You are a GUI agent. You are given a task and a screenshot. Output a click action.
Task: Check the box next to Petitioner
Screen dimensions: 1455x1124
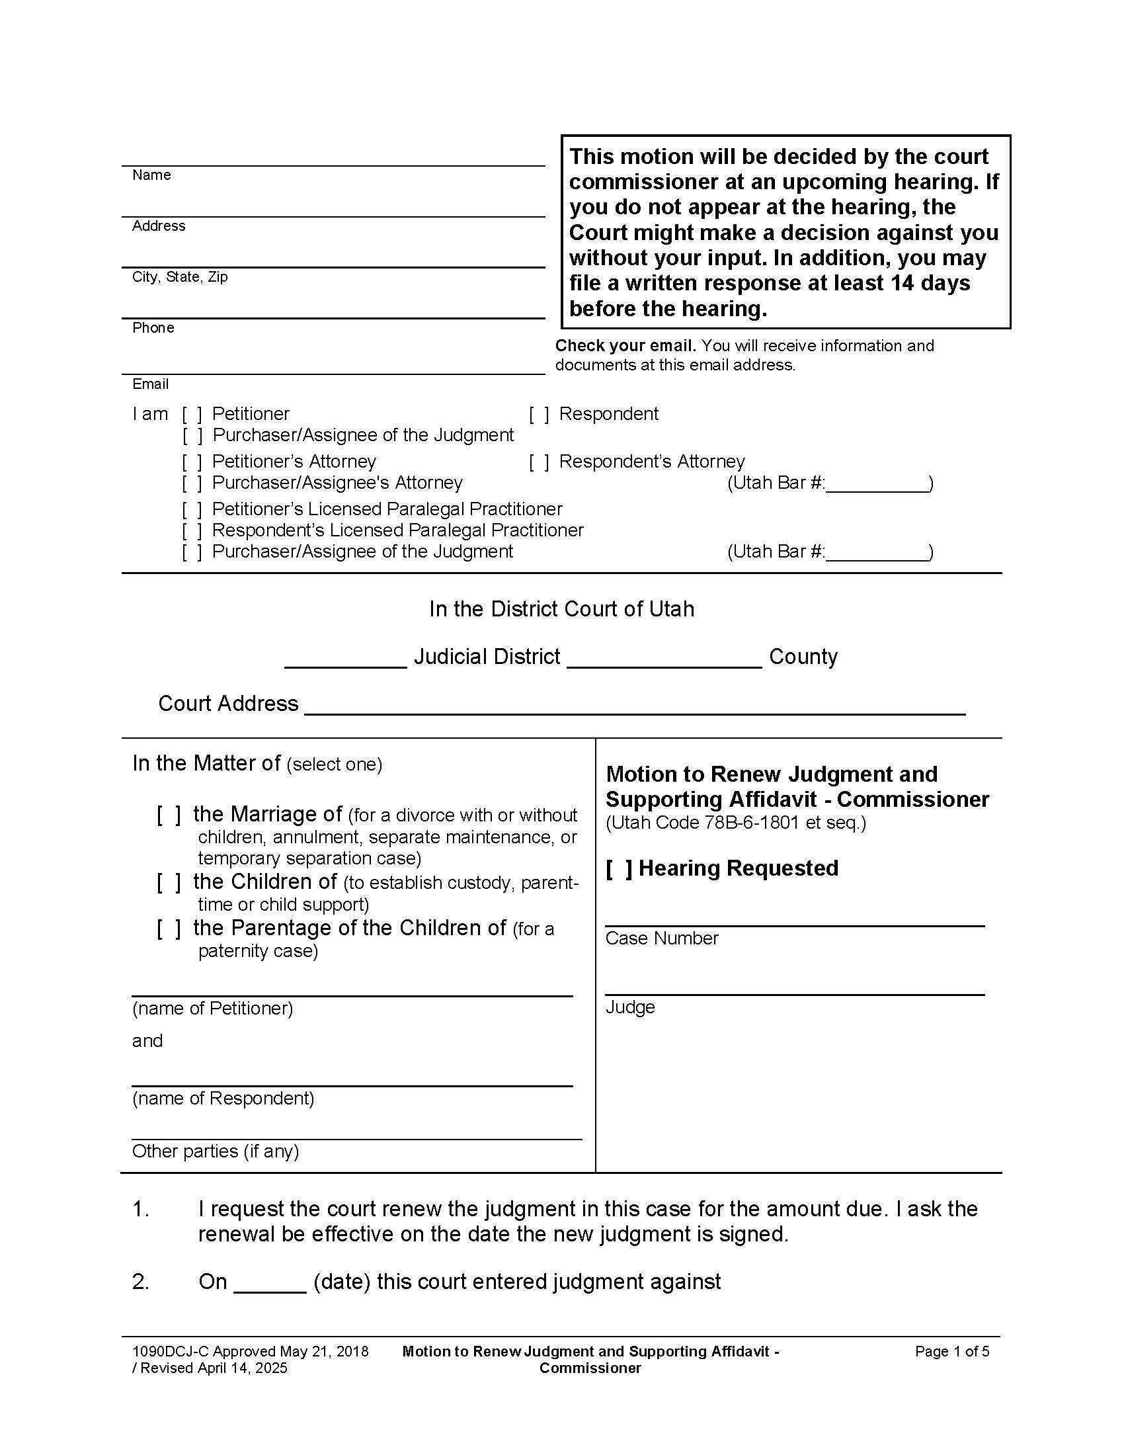point(192,415)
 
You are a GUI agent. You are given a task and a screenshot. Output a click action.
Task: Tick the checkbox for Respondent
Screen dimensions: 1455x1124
point(539,415)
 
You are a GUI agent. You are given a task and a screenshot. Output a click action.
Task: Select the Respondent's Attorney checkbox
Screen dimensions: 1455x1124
point(539,462)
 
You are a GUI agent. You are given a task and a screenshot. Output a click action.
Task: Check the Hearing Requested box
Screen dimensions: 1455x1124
point(620,869)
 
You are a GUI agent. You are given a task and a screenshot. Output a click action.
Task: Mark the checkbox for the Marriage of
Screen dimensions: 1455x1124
point(169,815)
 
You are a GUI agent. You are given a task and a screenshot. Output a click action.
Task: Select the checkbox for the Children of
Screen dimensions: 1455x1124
point(169,882)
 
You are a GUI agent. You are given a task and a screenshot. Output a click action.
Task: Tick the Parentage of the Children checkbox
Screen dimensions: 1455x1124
point(169,928)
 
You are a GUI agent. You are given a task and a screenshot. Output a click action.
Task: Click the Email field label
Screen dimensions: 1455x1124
point(150,384)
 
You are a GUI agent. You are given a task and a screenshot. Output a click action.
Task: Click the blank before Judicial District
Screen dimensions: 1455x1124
point(345,659)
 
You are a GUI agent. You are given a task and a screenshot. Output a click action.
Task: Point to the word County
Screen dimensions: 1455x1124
point(803,657)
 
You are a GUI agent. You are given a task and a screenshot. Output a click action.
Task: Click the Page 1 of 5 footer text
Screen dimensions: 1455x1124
point(951,1351)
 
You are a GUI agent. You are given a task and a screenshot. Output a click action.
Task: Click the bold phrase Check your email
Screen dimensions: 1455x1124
point(625,346)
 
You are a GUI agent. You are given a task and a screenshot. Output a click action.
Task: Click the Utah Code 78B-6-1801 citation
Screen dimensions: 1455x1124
point(735,823)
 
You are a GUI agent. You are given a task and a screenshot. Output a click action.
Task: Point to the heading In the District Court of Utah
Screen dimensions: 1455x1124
point(561,609)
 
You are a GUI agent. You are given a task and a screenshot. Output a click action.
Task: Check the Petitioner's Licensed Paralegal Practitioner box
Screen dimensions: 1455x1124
point(192,510)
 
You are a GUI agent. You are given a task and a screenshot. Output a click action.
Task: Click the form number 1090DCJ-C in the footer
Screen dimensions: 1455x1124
point(171,1351)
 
